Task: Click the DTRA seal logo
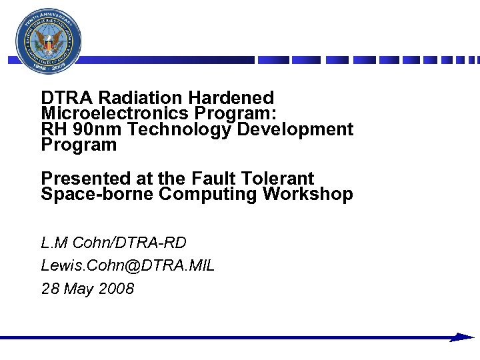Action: click(49, 42)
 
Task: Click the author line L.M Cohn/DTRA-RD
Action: click(114, 242)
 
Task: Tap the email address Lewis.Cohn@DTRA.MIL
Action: click(127, 265)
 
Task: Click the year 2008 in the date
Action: click(115, 289)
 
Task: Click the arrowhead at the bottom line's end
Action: click(461, 337)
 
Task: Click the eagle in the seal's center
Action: click(49, 43)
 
